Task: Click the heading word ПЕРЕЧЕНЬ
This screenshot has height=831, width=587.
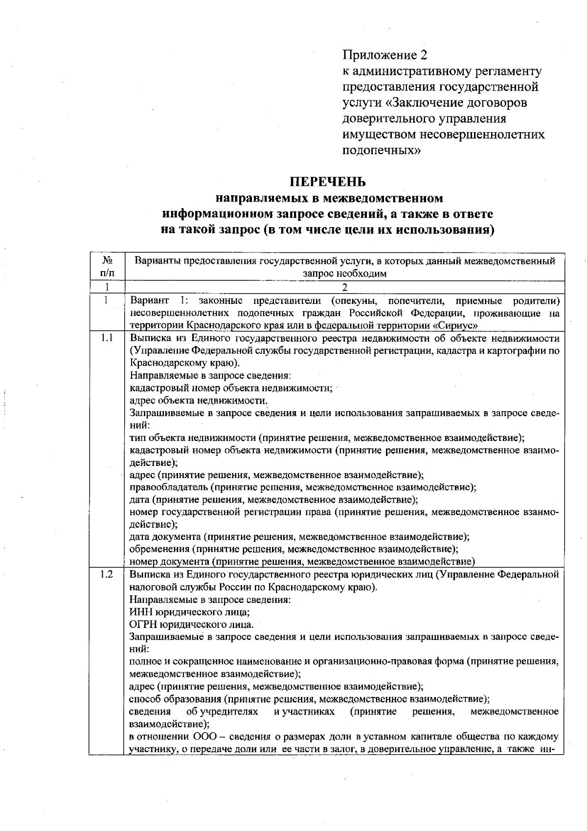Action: pos(328,182)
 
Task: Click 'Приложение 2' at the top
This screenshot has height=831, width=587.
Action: pos(381,55)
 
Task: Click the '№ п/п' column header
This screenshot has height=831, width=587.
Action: pos(107,267)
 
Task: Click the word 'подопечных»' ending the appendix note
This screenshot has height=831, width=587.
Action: pos(381,150)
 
